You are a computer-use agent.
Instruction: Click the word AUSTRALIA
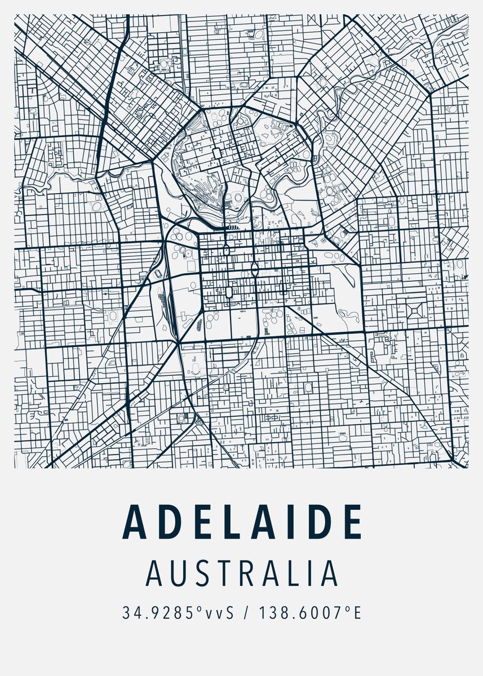242,573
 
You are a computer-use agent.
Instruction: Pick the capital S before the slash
229,612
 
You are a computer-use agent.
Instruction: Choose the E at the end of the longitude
356,612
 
